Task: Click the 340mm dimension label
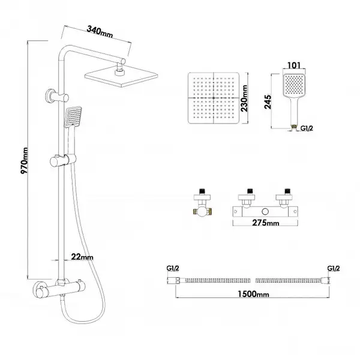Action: pos(100,31)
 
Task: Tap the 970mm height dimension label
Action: pos(25,161)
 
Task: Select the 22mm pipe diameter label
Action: pos(82,257)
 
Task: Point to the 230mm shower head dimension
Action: pos(244,98)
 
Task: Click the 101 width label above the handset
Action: pos(294,65)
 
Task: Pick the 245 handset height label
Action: pos(268,102)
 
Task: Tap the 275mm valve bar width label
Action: pos(266,223)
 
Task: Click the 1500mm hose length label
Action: pos(253,294)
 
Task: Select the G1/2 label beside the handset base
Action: pos(307,128)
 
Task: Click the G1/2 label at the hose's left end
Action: pos(173,268)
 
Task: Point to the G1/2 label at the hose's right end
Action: pos(334,268)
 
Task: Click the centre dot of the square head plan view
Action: pos(214,98)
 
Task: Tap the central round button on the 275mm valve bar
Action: pos(265,211)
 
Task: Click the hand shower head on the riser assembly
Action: pos(73,116)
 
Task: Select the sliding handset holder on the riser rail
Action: pos(63,160)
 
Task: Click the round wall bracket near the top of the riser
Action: pos(57,97)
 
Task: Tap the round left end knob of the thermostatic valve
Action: pos(39,289)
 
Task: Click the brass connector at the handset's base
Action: pos(293,127)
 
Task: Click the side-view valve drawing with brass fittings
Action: pos(202,203)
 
